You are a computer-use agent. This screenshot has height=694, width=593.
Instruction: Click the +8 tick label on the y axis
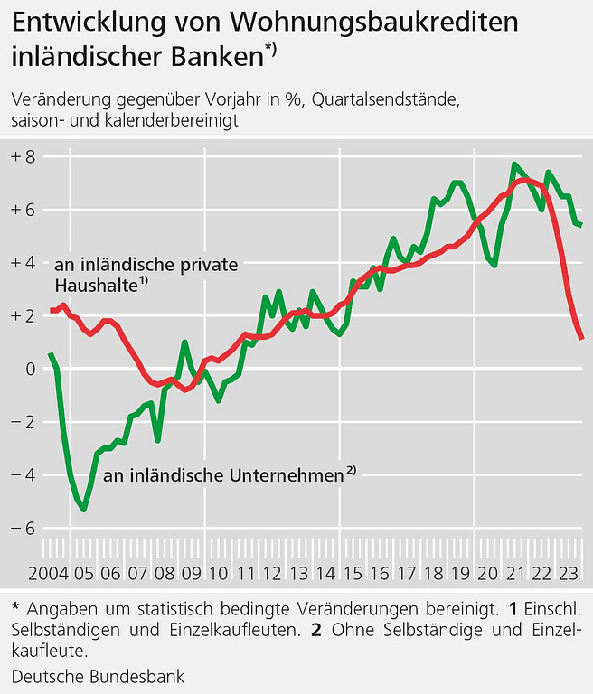(23, 157)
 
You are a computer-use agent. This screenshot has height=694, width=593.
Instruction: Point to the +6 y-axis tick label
(23, 211)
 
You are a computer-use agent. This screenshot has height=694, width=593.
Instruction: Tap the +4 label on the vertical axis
(23, 263)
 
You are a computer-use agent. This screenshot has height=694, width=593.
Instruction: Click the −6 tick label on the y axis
(23, 528)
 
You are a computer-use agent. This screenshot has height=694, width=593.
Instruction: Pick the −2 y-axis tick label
(23, 422)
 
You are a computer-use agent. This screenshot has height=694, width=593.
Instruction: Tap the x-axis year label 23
(569, 574)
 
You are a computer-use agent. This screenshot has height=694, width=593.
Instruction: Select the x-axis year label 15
(353, 574)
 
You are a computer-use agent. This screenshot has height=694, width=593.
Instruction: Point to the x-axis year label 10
(218, 574)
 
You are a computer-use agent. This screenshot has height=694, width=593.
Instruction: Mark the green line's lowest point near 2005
(83, 510)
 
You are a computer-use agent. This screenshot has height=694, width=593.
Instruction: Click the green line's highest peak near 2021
(513, 164)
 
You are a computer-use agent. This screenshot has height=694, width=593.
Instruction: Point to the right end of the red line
(582, 338)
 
